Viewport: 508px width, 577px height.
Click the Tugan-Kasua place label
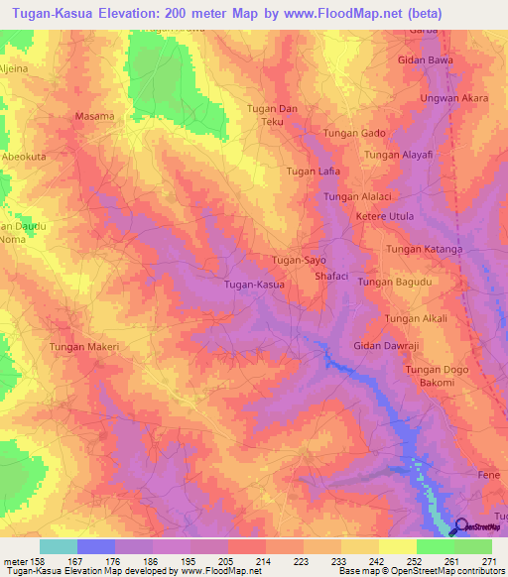pos(255,285)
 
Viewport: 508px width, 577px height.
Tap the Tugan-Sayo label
pos(299,260)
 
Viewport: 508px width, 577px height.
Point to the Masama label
pos(95,116)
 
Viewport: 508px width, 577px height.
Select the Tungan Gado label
pos(354,133)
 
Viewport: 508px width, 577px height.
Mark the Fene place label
pos(488,476)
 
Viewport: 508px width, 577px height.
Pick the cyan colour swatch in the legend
pos(59,546)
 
